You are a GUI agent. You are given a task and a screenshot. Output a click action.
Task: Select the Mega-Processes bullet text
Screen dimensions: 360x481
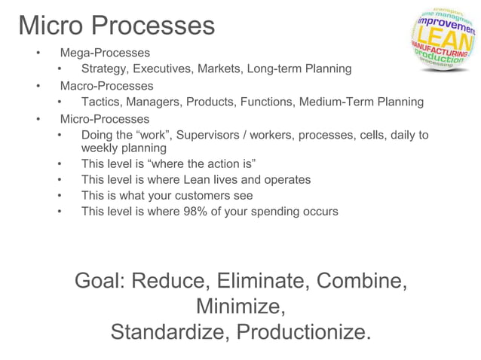[105, 53]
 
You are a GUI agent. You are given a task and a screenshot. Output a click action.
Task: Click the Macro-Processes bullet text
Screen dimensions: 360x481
[106, 86]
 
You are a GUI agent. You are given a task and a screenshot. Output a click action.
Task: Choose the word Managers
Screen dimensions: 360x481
[155, 102]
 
